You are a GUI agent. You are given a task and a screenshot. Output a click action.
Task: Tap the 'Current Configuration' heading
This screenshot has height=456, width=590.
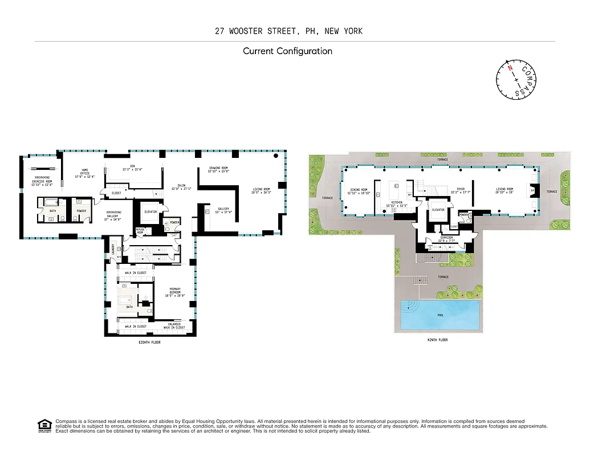click(x=287, y=51)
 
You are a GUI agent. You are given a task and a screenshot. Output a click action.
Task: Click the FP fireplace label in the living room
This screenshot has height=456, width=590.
click(x=533, y=192)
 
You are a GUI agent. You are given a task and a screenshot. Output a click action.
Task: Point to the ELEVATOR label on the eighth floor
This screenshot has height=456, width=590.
click(x=150, y=211)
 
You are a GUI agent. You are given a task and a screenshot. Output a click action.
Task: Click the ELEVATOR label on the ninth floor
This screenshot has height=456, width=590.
click(x=438, y=209)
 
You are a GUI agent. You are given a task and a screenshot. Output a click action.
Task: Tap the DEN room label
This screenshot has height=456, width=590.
click(x=132, y=167)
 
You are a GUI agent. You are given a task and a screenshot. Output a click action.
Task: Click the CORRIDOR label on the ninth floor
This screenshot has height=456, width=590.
click(x=446, y=239)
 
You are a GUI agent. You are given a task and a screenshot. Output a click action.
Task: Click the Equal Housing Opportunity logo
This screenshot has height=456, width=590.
click(x=44, y=425)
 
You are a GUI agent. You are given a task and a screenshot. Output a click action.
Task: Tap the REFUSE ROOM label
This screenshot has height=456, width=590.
click(x=140, y=231)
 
